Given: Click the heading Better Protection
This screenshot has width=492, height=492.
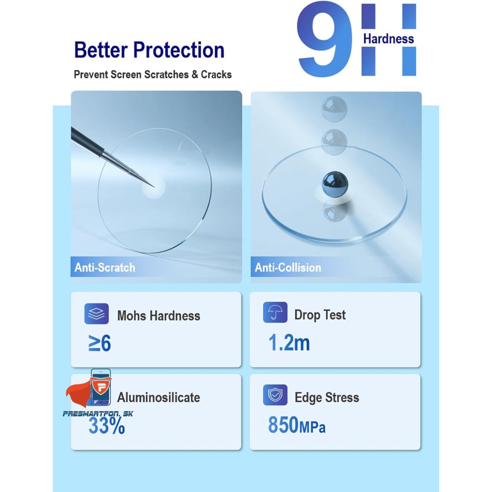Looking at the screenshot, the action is (149, 50).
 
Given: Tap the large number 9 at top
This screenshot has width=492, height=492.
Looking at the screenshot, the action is (325, 39).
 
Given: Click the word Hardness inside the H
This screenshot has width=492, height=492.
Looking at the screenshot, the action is (388, 38).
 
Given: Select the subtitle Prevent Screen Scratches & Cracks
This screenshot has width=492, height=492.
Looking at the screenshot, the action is (153, 74).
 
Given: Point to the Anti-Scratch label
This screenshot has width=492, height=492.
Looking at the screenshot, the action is (105, 267).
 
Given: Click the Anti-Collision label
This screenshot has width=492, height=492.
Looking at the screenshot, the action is (288, 267).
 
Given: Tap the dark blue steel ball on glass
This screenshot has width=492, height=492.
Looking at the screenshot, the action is (335, 184).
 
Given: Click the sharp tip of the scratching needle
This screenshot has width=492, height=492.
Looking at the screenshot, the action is (154, 187).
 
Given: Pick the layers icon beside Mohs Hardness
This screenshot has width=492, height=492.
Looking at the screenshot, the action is (97, 313).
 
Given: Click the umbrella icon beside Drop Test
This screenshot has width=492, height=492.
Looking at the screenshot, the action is (275, 312).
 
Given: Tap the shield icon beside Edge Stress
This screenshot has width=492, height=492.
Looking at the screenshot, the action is (275, 395).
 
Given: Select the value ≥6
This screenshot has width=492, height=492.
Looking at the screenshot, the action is (99, 343).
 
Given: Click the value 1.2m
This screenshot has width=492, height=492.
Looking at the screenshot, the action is (289, 342).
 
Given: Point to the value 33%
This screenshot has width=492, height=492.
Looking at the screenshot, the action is (107, 426).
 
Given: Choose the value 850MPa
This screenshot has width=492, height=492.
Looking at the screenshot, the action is (296, 425).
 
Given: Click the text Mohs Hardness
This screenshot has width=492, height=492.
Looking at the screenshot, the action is (159, 316).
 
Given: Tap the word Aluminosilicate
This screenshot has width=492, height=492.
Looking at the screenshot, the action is (159, 397).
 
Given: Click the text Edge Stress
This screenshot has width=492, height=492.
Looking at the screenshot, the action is (327, 397).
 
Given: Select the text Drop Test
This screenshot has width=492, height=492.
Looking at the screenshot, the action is (320, 315).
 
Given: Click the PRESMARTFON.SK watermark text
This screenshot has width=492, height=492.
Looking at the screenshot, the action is (98, 414).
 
